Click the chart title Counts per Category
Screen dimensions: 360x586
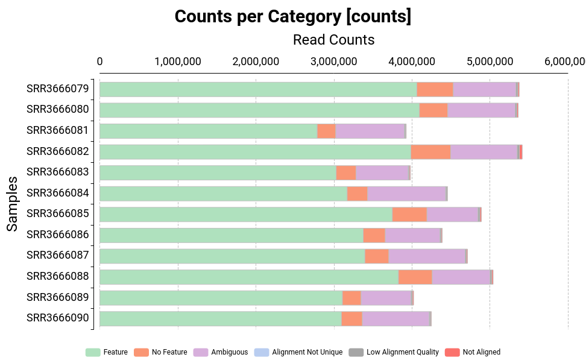pos(293,17)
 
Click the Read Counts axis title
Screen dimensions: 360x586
pos(333,40)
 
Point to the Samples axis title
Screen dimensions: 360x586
pos(12,204)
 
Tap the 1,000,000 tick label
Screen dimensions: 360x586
pos(177,62)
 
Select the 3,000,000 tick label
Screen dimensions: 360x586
pos(333,62)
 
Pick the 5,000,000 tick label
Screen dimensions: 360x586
pos(490,62)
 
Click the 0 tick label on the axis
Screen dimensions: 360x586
pos(99,62)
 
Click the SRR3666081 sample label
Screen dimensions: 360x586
pos(57,130)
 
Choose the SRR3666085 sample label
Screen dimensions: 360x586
pos(57,213)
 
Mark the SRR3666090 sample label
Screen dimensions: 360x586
pos(57,318)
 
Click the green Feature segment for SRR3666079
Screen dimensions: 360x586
pos(258,89)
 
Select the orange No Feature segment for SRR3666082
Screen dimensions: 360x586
pos(430,152)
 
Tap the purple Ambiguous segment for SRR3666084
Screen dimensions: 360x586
pos(406,194)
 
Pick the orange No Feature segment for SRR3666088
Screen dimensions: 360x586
pos(415,277)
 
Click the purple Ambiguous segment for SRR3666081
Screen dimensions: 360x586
pos(370,131)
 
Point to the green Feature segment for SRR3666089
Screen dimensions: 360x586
pos(221,298)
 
